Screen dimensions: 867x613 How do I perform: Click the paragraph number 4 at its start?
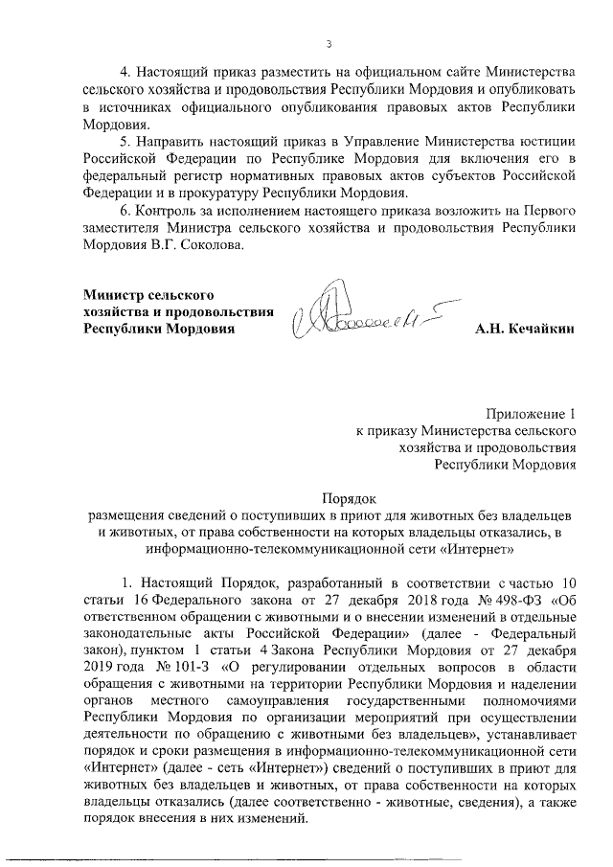click(122, 73)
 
